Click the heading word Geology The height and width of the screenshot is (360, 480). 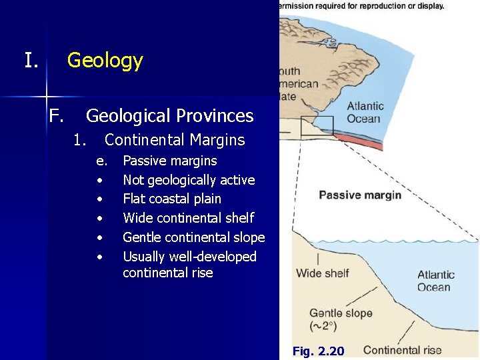pyautogui.click(x=105, y=61)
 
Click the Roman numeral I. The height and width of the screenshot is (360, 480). pyautogui.click(x=31, y=61)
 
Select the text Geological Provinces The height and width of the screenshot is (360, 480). pyautogui.click(x=169, y=116)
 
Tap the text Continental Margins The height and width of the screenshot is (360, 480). pyautogui.click(x=175, y=140)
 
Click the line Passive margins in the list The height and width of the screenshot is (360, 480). pyautogui.click(x=170, y=161)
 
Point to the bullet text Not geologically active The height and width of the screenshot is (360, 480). pyautogui.click(x=189, y=180)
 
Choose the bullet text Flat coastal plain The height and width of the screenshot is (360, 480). pyautogui.click(x=172, y=199)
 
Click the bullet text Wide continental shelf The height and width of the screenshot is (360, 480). pyautogui.click(x=188, y=218)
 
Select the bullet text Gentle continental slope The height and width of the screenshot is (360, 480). pyautogui.click(x=193, y=237)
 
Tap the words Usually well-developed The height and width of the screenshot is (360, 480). pyautogui.click(x=189, y=257)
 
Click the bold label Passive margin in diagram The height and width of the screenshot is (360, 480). pyautogui.click(x=359, y=195)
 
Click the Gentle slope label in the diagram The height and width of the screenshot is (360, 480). pyautogui.click(x=341, y=313)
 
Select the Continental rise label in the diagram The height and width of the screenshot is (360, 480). pyautogui.click(x=402, y=350)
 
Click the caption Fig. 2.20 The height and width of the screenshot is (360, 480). pyautogui.click(x=318, y=351)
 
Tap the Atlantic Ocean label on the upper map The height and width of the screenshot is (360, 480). pyautogui.click(x=365, y=112)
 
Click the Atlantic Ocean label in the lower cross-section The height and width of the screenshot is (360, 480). pyautogui.click(x=435, y=281)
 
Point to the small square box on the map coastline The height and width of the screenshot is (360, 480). pyautogui.click(x=317, y=126)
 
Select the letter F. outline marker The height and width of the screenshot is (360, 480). pyautogui.click(x=56, y=116)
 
